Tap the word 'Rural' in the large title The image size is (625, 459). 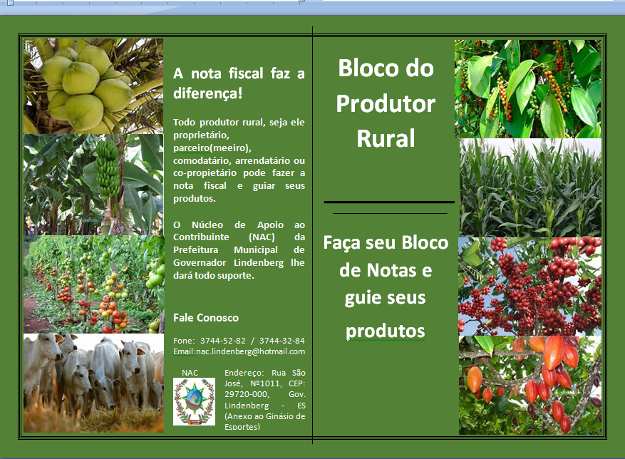click(386, 138)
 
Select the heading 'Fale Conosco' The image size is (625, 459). click(206, 318)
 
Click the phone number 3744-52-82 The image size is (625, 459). click(223, 341)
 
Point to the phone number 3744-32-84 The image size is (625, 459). click(281, 341)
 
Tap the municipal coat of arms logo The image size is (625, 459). click(194, 401)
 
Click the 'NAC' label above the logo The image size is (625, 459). click(190, 373)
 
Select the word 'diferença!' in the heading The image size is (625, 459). click(207, 93)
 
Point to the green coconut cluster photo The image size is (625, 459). click(93, 86)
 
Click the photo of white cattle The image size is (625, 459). click(93, 383)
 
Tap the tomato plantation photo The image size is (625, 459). click(93, 284)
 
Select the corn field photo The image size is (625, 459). click(530, 188)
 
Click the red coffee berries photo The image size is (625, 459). click(530, 287)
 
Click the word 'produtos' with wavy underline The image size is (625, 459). click(385, 331)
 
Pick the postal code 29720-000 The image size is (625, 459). click(247, 394)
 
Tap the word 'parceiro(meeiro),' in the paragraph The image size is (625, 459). click(212, 148)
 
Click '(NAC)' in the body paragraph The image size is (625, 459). click(262, 237)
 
